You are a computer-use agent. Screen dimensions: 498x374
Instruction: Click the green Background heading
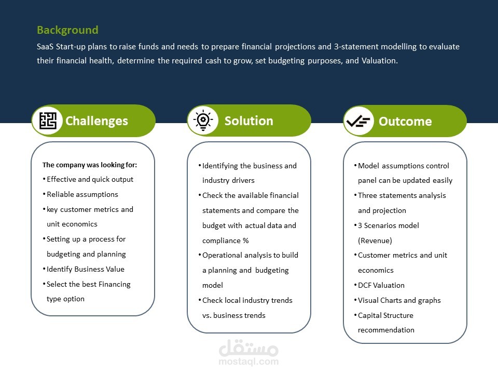pyautogui.click(x=67, y=30)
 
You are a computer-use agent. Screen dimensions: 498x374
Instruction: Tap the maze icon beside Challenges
pyautogui.click(x=48, y=121)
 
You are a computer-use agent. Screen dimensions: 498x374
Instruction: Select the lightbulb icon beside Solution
pyautogui.click(x=203, y=121)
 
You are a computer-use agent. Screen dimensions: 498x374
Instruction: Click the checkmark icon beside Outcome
pyautogui.click(x=358, y=121)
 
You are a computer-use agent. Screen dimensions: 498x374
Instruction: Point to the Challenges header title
pyautogui.click(x=96, y=121)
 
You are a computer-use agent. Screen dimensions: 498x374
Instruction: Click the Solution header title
pyautogui.click(x=248, y=121)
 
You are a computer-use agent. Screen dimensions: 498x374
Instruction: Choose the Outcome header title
pyautogui.click(x=405, y=122)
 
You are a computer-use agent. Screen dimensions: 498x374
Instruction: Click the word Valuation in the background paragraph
pyautogui.click(x=380, y=60)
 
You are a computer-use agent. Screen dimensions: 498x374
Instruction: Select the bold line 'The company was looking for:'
pyautogui.click(x=90, y=165)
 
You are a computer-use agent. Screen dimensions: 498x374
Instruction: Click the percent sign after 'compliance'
pyautogui.click(x=245, y=241)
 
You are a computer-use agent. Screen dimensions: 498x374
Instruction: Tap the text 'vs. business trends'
pyautogui.click(x=234, y=315)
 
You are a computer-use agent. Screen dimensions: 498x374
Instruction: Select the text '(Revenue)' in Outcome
pyautogui.click(x=375, y=241)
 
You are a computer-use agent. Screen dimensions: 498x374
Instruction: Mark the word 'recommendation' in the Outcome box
pyautogui.click(x=386, y=330)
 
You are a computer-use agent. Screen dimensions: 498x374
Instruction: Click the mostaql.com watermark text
pyautogui.click(x=248, y=362)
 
